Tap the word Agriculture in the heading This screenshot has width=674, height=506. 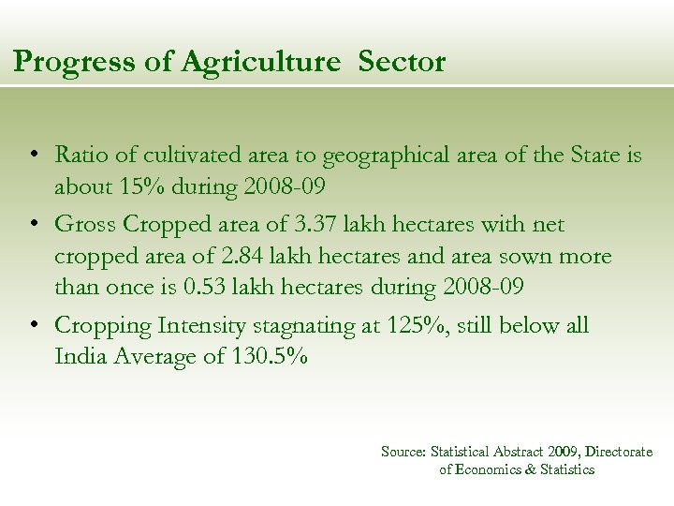pos(260,62)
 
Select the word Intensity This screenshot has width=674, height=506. pos(202,325)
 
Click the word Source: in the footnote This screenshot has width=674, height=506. pos(403,452)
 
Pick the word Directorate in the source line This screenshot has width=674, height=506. pos(619,452)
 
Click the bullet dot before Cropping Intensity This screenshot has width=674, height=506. pos(33,325)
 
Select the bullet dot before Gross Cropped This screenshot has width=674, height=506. pos(33,224)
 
